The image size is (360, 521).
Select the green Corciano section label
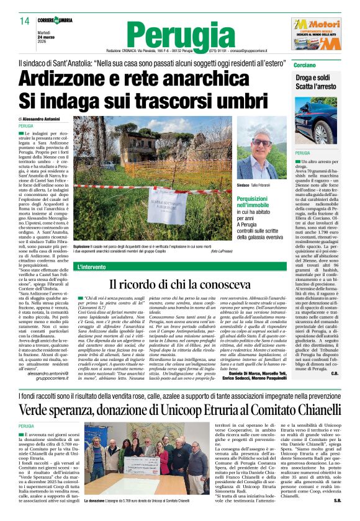tap(306, 65)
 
